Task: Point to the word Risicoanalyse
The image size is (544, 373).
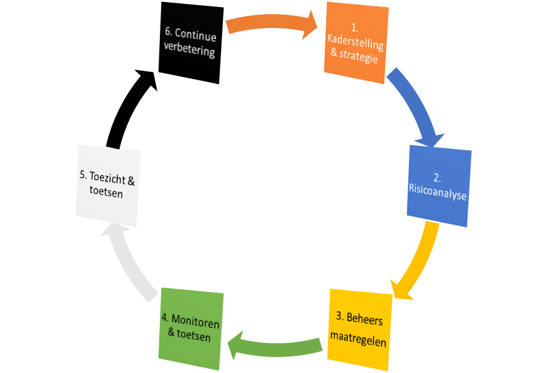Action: point(438,195)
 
